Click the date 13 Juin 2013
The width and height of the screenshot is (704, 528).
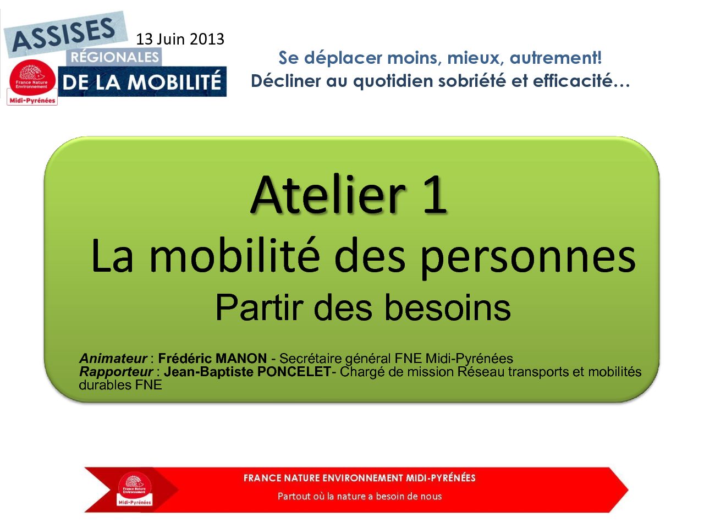tap(180, 39)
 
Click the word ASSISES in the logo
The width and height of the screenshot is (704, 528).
tap(64, 35)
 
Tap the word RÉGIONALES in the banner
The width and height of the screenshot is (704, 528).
tap(114, 57)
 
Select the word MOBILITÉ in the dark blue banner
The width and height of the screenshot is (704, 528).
tap(174, 82)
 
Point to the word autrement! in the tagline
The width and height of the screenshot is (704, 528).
tap(555, 58)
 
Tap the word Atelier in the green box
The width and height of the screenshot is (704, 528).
tap(328, 195)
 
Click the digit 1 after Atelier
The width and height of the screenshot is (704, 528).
tap(435, 195)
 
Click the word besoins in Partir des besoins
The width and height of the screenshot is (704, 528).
tap(447, 308)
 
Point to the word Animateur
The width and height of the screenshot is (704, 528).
tap(113, 358)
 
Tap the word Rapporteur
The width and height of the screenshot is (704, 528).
tap(116, 372)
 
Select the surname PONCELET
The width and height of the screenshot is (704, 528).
tap(294, 372)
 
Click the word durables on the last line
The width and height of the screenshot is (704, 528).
tap(105, 384)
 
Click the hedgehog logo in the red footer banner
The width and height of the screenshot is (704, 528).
tap(135, 490)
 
